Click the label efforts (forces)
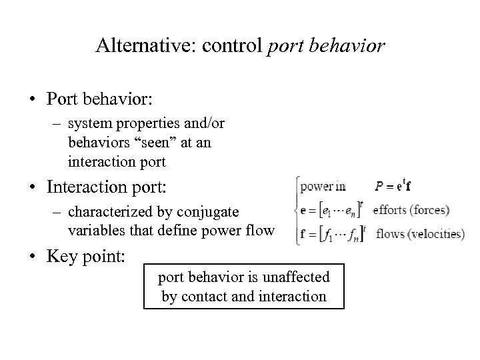tap(411, 211)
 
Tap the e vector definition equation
tap(331, 211)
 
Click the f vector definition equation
tap(331, 234)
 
